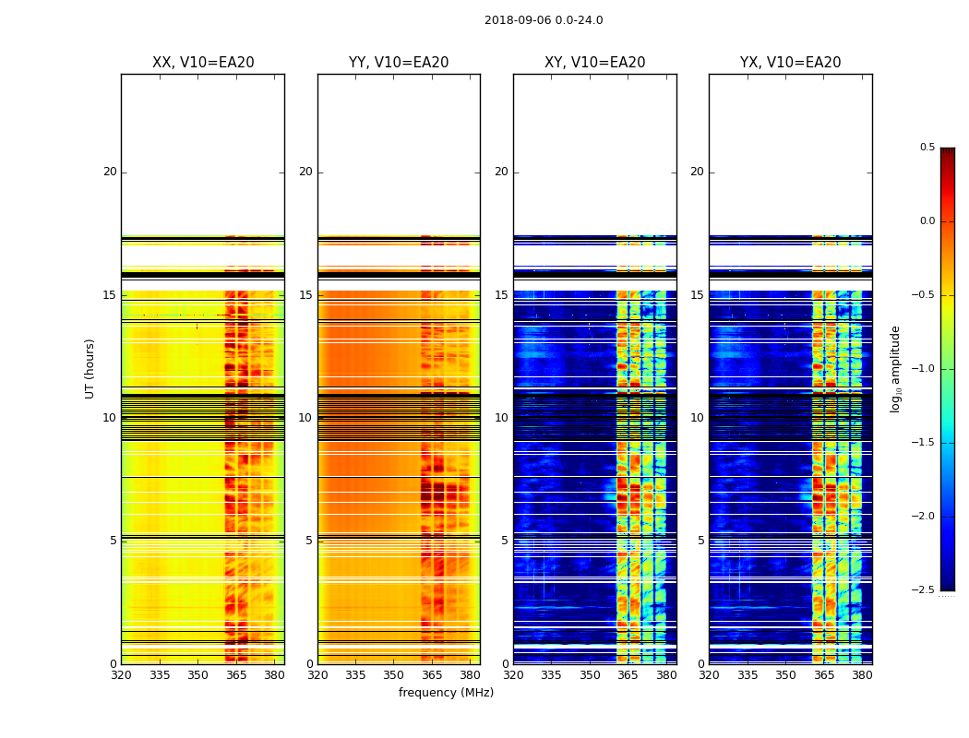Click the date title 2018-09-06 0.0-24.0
(x=544, y=20)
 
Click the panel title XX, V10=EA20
(x=203, y=63)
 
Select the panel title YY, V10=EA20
(x=399, y=63)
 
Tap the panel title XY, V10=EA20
(x=595, y=63)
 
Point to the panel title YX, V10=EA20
(x=791, y=63)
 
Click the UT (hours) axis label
(x=90, y=368)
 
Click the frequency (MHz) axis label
(x=446, y=693)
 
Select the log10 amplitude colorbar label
(x=895, y=368)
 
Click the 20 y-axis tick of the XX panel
(x=110, y=172)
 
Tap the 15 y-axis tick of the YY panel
(x=305, y=295)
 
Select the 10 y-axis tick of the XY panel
(x=501, y=418)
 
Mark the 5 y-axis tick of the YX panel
(x=700, y=541)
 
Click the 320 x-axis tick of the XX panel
(x=121, y=675)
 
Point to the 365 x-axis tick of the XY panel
(x=628, y=675)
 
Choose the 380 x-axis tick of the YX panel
(x=862, y=675)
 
